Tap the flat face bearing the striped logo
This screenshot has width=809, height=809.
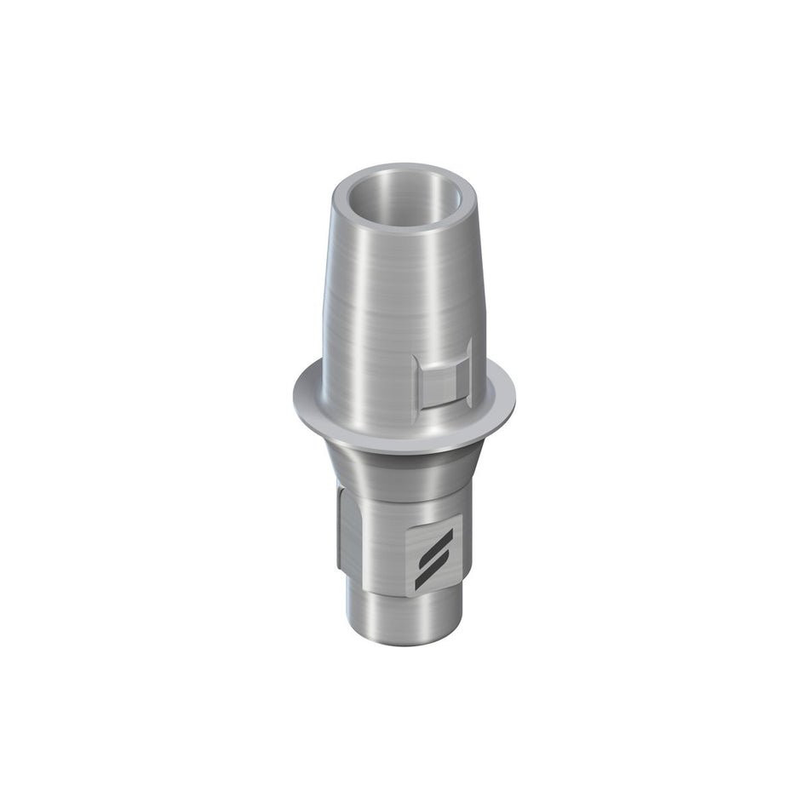pyautogui.click(x=435, y=558)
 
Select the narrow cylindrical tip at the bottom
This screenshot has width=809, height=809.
pyautogui.click(x=392, y=613)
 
